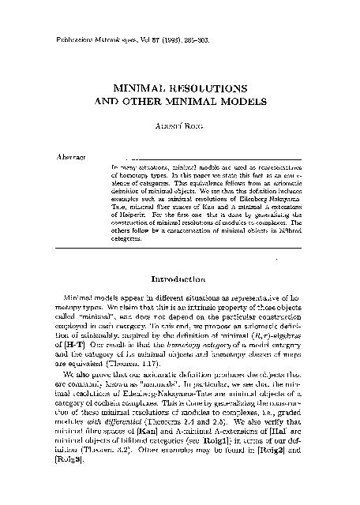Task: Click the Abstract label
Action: click(72, 156)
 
